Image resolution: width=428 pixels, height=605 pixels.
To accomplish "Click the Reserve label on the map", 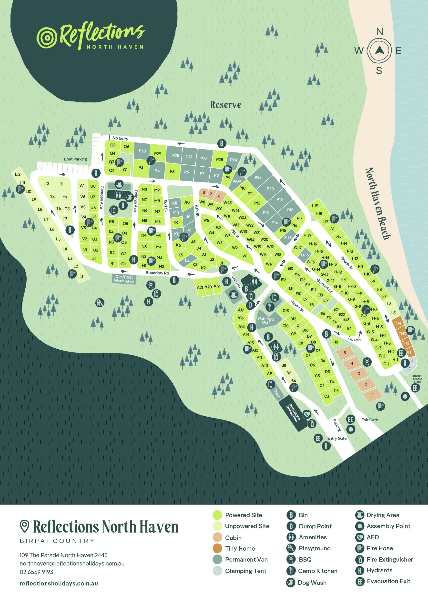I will [x=226, y=105].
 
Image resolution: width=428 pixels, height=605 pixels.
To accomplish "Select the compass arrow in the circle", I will [x=379, y=50].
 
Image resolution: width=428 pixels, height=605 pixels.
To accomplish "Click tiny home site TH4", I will [x=397, y=323].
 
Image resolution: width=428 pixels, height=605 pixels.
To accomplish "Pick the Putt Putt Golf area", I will [x=266, y=320].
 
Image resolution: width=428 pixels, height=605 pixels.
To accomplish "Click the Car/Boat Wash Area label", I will [x=124, y=279].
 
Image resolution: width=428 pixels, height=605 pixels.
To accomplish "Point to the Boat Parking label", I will [x=75, y=159].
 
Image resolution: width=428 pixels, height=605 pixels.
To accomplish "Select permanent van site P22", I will [x=258, y=177].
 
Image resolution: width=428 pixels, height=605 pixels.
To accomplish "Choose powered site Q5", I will [x=113, y=145].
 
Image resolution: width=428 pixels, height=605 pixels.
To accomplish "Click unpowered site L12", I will [x=18, y=174].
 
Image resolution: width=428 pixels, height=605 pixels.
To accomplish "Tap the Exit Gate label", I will [x=369, y=420].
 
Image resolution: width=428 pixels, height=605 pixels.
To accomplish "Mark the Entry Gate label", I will [x=337, y=438].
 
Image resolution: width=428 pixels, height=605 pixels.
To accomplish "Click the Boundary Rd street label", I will [x=157, y=273].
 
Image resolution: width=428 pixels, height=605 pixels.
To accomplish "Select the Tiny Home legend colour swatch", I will [x=217, y=548].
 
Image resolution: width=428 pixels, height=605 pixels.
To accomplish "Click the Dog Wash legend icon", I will [x=291, y=583].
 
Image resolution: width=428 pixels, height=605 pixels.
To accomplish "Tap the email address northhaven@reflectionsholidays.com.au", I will [x=72, y=564].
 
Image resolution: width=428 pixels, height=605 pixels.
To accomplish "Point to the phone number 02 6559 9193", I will [x=36, y=572].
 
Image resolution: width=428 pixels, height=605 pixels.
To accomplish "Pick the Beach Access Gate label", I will [x=417, y=379].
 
